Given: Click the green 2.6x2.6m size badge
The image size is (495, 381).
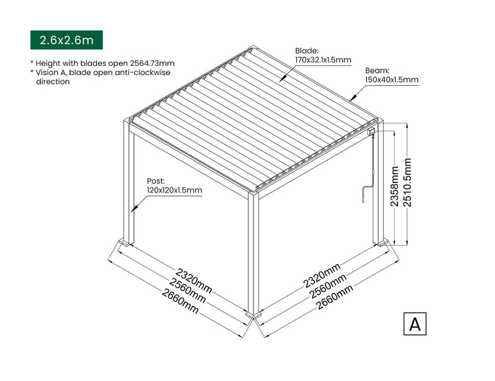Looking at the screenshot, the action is (66, 40).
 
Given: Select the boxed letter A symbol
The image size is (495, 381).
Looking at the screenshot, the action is (415, 324).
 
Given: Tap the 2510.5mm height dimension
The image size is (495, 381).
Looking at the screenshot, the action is (408, 183).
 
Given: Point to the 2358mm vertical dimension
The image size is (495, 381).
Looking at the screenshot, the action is (395, 186).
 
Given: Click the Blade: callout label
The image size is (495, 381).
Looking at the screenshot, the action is (307, 50).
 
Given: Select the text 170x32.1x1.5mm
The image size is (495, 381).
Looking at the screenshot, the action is (323, 60).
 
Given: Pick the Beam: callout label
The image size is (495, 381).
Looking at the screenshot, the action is (377, 70).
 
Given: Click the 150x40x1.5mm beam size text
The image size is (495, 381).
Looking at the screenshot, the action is (392, 80).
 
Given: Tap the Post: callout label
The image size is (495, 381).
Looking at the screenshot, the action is (155, 181).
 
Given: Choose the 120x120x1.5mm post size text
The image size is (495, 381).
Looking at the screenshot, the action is (174, 190).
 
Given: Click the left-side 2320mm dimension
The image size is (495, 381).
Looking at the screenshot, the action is (194, 281).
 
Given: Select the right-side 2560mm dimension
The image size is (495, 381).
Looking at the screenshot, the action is (328, 287).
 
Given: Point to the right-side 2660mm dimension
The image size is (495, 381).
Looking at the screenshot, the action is (335, 297).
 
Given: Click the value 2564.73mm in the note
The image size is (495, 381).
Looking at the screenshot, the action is (152, 63).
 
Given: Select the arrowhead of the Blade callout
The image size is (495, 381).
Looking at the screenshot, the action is (283, 78).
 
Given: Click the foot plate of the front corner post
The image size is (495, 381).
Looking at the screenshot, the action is (254, 315).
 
